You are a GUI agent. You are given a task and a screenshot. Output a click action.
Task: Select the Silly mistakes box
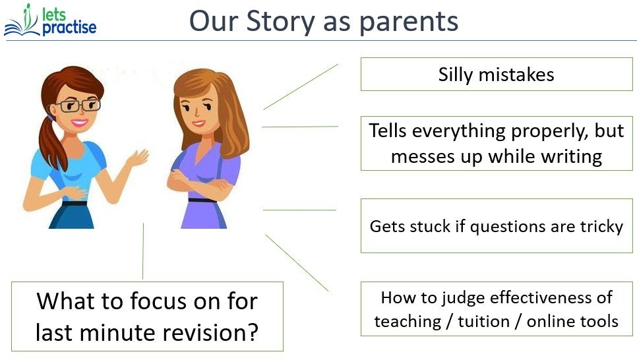pyautogui.click(x=496, y=75)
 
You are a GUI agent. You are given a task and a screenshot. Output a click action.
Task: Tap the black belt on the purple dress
pyautogui.click(x=201, y=199)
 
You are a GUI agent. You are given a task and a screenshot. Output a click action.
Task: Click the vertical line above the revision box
pyautogui.click(x=143, y=251)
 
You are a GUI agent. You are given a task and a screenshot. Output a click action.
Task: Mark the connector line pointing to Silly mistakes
pyautogui.click(x=300, y=86)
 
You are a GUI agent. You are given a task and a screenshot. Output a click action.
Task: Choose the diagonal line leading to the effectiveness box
pyautogui.click(x=296, y=262)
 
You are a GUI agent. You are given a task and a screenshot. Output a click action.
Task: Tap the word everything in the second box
pyautogui.click(x=461, y=131)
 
